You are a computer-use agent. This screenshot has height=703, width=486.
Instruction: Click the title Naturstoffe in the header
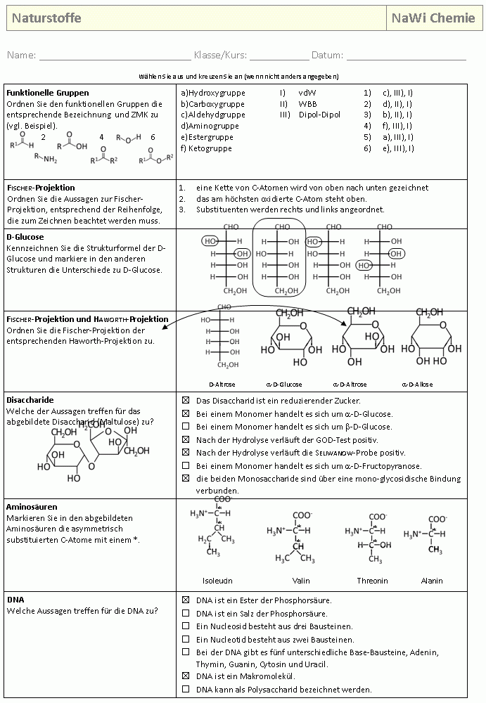[x=46, y=18]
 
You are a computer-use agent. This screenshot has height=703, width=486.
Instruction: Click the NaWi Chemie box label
[x=433, y=18]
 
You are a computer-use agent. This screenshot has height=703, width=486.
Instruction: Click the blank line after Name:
[x=115, y=56]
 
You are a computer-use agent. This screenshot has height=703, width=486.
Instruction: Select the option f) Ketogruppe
[x=206, y=148]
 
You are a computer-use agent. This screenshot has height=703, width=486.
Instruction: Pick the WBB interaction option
[x=307, y=103]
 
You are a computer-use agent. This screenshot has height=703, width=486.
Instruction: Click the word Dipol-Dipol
[x=319, y=115]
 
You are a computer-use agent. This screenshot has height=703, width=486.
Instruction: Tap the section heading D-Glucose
[x=25, y=238]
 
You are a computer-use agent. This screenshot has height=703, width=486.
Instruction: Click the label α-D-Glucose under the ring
[x=284, y=385]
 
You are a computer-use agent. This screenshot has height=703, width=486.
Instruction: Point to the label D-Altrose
[x=222, y=385]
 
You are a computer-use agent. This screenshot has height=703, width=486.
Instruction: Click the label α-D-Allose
[x=417, y=385]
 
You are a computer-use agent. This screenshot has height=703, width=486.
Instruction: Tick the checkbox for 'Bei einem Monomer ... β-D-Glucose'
[x=186, y=427]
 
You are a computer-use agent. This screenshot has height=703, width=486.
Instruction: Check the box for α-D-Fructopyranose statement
[x=186, y=465]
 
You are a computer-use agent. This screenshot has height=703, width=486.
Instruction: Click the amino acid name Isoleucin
[x=217, y=581]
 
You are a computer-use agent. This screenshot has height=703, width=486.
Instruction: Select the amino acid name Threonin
[x=372, y=581]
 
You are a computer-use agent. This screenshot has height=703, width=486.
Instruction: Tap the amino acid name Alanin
[x=432, y=581]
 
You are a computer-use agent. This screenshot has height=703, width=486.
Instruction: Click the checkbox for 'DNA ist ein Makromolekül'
[x=186, y=676]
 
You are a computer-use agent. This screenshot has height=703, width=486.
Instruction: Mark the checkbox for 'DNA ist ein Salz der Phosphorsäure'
[x=186, y=613]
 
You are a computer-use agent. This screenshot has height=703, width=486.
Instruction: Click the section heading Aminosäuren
[x=31, y=506]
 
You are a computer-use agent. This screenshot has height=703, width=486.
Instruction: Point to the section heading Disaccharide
[x=30, y=399]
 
